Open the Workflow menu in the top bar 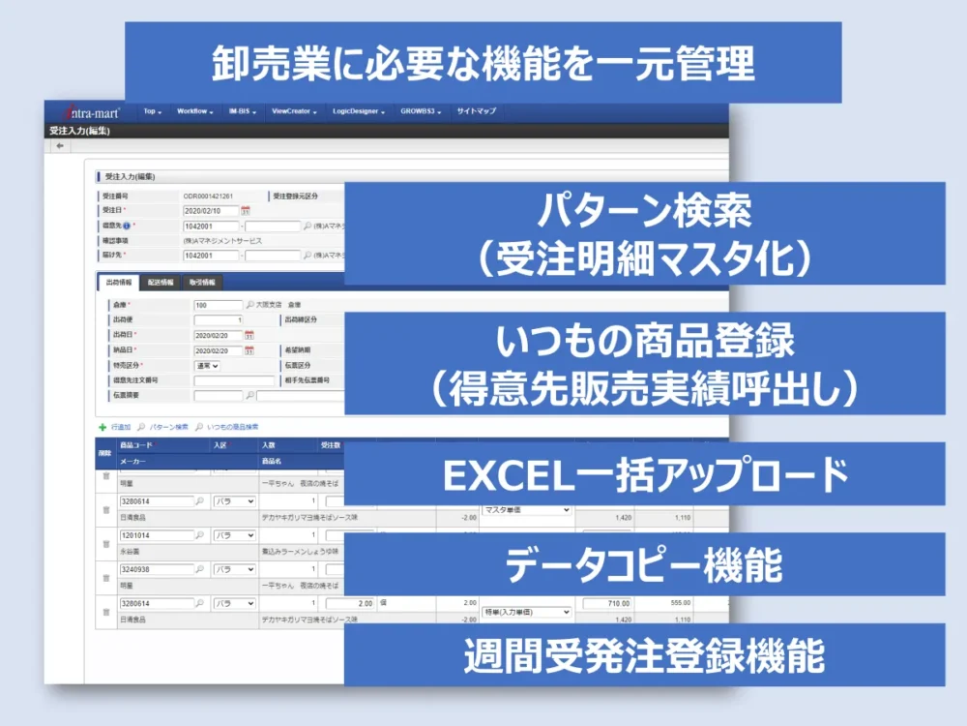click(195, 111)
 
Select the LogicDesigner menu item click(358, 111)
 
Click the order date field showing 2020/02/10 click(210, 210)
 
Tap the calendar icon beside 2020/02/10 click(246, 210)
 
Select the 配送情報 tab click(161, 283)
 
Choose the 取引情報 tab click(202, 283)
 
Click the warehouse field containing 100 click(218, 304)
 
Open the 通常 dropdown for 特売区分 click(207, 366)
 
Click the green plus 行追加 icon click(103, 426)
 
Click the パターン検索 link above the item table click(167, 426)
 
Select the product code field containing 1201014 click(156, 535)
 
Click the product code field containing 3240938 click(156, 569)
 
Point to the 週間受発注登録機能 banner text click(644, 655)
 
